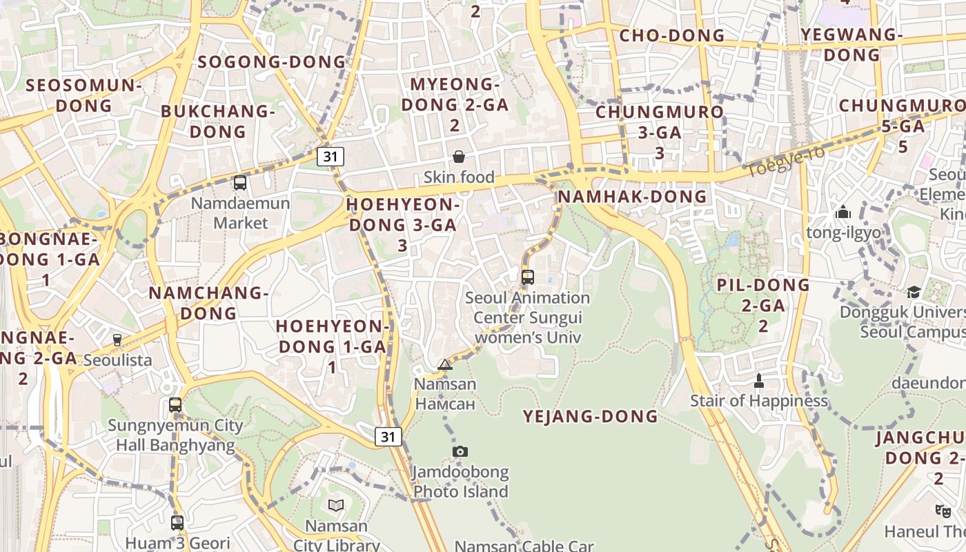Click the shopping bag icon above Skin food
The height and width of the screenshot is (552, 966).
tap(458, 157)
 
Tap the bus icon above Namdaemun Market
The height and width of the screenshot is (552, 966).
tap(240, 183)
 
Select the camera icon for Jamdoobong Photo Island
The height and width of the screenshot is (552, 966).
tap(460, 451)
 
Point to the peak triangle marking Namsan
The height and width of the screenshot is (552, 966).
tap(445, 364)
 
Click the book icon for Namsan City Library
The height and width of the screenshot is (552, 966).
tap(336, 505)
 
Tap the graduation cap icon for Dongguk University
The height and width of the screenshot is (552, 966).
tap(914, 292)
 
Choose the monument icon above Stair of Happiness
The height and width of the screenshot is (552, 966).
tap(759, 380)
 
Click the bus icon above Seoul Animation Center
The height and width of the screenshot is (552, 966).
tap(528, 277)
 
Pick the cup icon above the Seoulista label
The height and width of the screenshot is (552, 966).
tap(117, 339)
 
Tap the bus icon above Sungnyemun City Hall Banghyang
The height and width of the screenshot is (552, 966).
tap(175, 405)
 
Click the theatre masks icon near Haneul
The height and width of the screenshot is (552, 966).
tap(943, 511)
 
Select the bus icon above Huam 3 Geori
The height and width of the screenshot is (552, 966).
tap(177, 522)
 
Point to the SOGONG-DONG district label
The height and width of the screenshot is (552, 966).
tap(272, 62)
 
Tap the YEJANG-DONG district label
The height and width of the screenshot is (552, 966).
tap(590, 416)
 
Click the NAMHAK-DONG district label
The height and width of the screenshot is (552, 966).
tap(632, 197)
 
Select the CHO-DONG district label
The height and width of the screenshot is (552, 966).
tap(672, 36)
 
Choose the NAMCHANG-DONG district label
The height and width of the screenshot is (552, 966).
tap(208, 303)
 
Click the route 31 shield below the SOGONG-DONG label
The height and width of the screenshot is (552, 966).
tap(331, 156)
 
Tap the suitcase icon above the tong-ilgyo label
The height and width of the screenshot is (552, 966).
tap(842, 213)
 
